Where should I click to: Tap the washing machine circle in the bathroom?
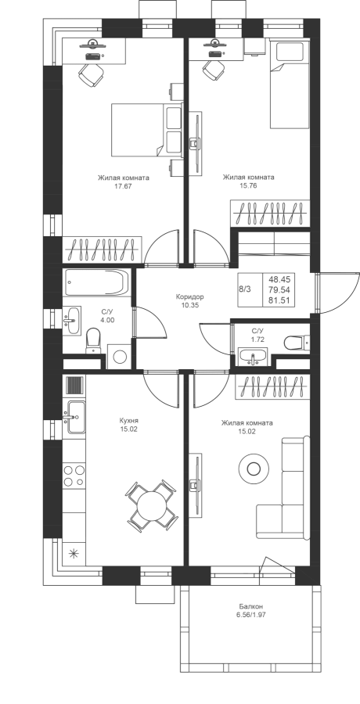point(120,357)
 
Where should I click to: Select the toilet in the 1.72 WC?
point(297,343)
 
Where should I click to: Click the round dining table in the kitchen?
point(152,505)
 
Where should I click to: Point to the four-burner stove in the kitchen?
point(74,476)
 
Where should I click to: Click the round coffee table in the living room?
point(254,469)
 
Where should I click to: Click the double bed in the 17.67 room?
point(146,130)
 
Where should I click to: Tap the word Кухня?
point(128,421)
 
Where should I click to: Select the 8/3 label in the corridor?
point(246,289)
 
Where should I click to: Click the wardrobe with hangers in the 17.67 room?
point(103,250)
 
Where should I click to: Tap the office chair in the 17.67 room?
point(92,74)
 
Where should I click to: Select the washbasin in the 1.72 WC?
point(252,357)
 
